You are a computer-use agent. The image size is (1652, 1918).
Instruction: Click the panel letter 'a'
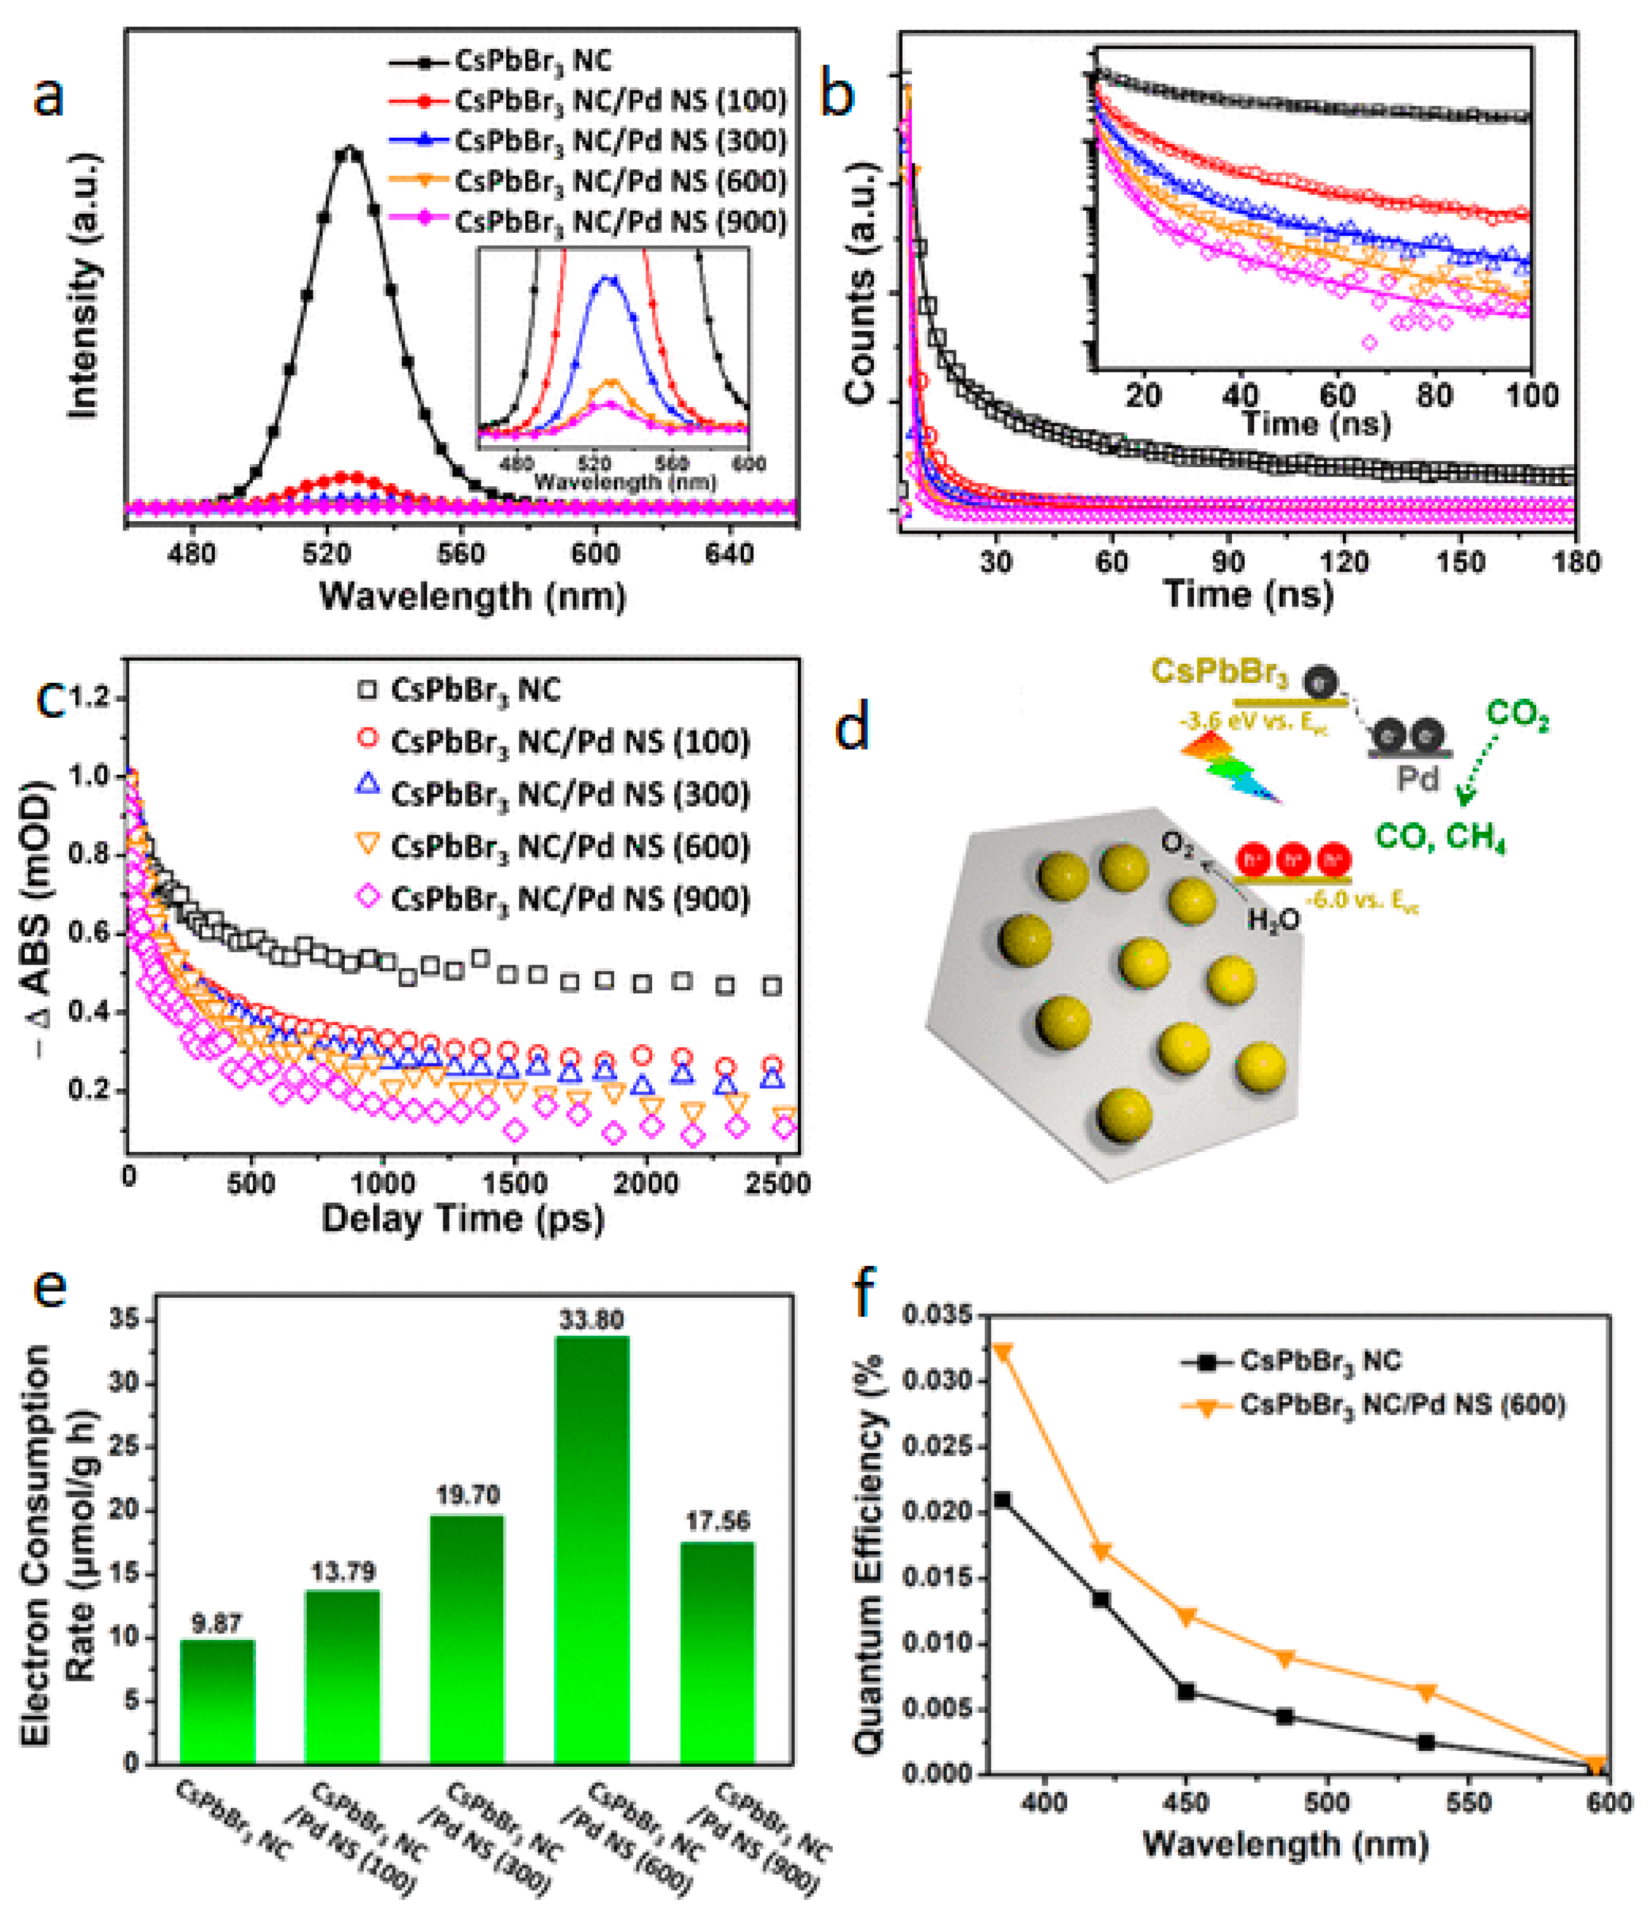[x=48, y=96]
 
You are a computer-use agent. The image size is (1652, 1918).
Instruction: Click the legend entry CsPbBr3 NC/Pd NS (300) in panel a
[x=620, y=141]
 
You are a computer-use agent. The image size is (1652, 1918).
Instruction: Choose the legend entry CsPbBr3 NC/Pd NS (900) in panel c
[x=569, y=899]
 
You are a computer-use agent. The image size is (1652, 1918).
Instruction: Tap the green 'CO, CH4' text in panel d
[x=1440, y=837]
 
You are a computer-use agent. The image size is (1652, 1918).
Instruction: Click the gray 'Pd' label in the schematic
[x=1417, y=778]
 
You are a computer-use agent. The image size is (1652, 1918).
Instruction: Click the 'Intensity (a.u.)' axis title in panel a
[x=83, y=287]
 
